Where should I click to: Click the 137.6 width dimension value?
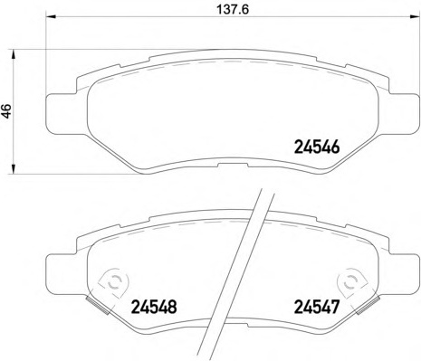click(x=233, y=10)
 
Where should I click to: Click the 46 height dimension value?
click(x=6, y=110)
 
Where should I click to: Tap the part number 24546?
click(x=317, y=147)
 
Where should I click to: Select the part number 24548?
click(x=154, y=307)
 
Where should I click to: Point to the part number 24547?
click(x=317, y=307)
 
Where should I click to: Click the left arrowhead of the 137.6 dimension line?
click(x=50, y=17)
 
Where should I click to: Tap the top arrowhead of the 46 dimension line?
click(x=13, y=54)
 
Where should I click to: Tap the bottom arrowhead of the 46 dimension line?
click(x=13, y=169)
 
